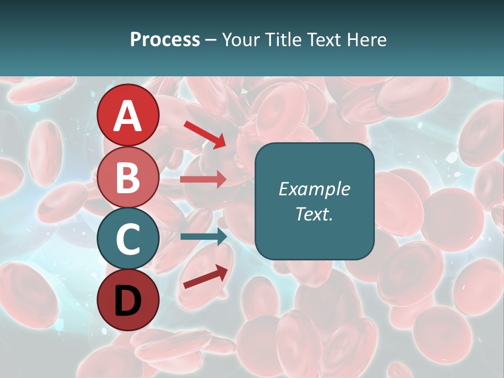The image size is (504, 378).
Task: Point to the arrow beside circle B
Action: point(203,179)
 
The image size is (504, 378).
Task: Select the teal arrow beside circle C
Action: point(203,237)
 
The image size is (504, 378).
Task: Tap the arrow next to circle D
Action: point(205,277)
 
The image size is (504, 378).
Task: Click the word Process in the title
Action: point(165,40)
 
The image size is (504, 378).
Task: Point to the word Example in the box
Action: point(314,189)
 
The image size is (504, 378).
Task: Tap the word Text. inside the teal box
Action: point(314,214)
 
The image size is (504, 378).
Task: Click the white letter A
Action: point(128,116)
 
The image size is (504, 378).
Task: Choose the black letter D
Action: point(128,301)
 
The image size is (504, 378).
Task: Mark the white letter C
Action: point(128,239)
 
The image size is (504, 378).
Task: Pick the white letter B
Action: point(128,177)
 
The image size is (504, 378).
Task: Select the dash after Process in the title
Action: point(211,40)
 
